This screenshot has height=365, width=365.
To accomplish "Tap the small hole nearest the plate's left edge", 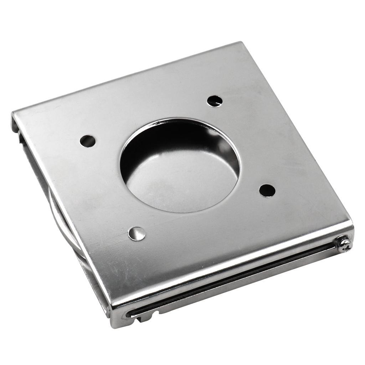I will coord(87,141).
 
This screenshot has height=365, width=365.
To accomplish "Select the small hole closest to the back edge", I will coord(215,101).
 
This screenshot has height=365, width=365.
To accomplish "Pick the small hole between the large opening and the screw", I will coord(267,190).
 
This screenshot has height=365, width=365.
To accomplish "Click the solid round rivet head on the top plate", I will coord(137,234).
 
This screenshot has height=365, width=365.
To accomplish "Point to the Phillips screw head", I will coord(344,244).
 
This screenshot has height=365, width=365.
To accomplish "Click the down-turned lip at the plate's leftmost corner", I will coord(15,121).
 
